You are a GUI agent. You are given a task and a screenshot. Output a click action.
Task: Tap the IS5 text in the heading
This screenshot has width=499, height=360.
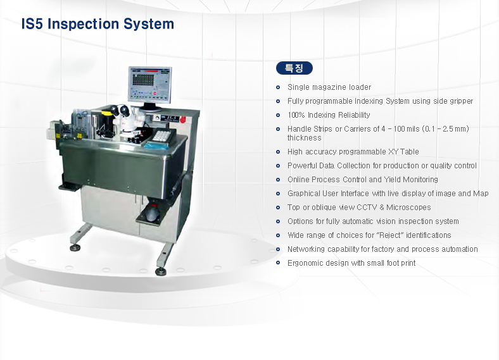pos(32,24)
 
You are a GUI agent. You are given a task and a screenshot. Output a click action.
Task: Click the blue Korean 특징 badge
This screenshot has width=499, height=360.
pos(294,68)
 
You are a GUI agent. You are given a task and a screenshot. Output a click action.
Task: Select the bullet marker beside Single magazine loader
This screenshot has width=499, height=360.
pos(278,87)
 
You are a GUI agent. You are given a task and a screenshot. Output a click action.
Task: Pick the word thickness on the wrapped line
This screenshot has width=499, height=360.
pos(304,138)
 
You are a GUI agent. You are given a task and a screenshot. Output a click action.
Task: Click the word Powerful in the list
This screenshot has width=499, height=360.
pos(302,166)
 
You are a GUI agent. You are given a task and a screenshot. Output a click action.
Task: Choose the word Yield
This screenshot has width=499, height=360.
pos(392,179)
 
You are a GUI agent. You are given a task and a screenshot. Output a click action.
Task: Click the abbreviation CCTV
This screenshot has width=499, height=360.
pos(367,208)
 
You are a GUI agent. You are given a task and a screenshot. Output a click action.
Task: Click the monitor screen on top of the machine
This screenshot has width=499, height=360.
pos(150,84)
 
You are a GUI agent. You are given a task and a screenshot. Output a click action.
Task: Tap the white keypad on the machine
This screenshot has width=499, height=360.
pos(161,135)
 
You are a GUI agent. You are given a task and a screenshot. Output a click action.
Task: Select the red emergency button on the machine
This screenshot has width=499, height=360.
pos(182,120)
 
